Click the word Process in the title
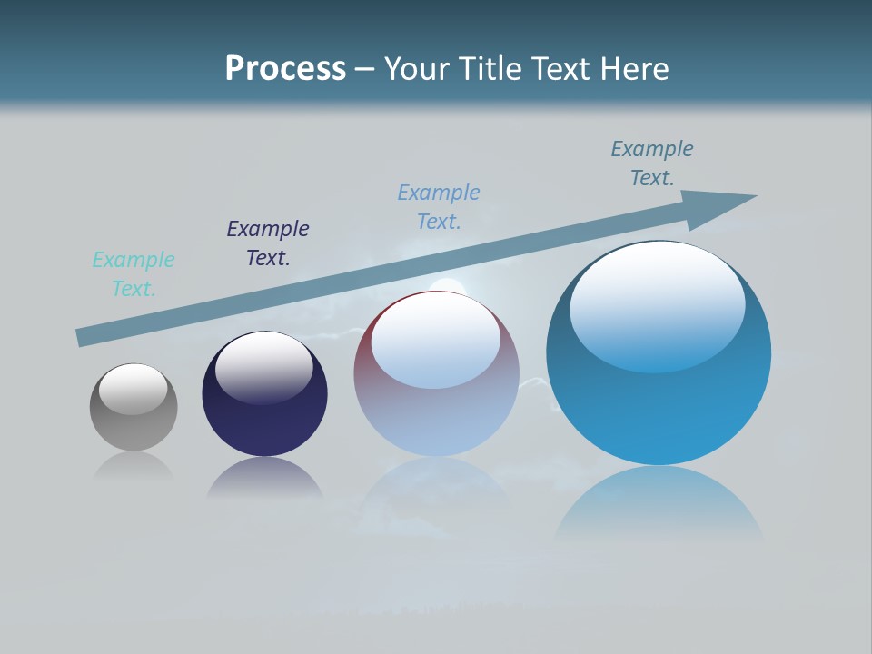[x=285, y=68]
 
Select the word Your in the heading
[x=416, y=68]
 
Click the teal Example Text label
[x=134, y=274]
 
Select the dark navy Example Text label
[x=268, y=243]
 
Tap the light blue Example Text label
[x=439, y=207]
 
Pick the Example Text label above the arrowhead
[x=652, y=163]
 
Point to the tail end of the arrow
[x=84, y=336]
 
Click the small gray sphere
[x=134, y=422]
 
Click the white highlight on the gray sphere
[x=134, y=388]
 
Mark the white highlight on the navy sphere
[x=264, y=366]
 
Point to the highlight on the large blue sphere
[x=658, y=305]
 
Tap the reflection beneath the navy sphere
[x=264, y=476]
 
